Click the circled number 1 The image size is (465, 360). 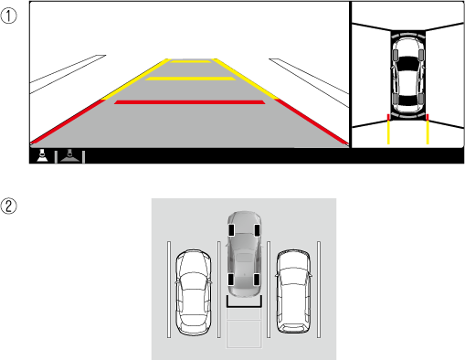(x=8, y=16)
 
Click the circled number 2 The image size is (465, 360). (x=8, y=206)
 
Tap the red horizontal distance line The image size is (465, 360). (x=189, y=102)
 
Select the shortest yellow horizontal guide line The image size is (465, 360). (x=190, y=61)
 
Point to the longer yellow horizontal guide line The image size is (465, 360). (x=190, y=79)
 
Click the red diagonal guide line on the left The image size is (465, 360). (x=68, y=122)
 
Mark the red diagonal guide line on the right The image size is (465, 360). (x=312, y=121)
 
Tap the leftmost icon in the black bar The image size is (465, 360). (x=42, y=155)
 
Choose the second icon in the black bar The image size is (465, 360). (x=70, y=156)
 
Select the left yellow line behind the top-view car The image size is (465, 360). (x=388, y=132)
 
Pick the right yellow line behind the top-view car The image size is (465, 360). (x=428, y=132)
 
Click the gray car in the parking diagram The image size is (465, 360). (x=244, y=254)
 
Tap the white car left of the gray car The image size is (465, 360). (x=193, y=292)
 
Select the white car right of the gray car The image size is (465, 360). (x=293, y=291)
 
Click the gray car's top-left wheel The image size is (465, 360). (x=231, y=230)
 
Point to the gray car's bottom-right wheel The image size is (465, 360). (x=257, y=280)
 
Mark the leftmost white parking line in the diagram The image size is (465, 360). (x=169, y=290)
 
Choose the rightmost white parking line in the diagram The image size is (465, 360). (x=319, y=290)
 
